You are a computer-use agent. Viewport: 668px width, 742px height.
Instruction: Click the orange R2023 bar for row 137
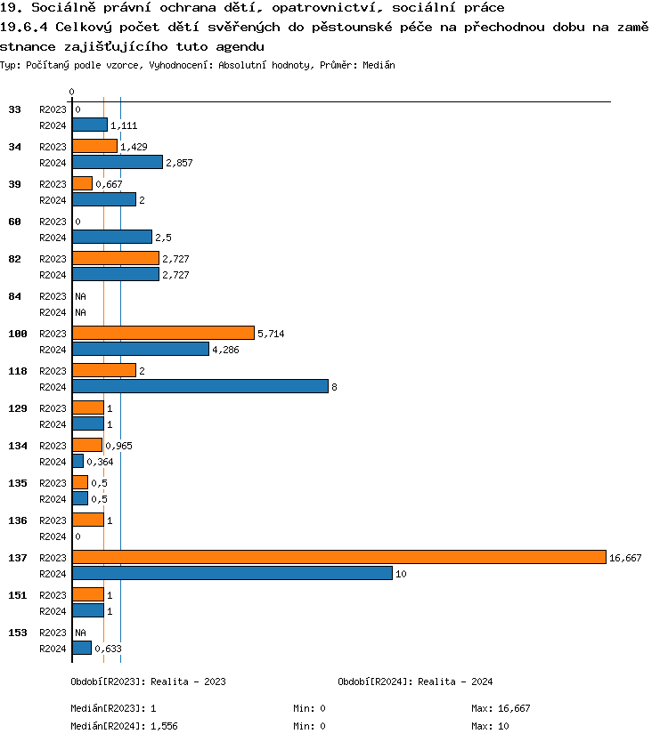click(338, 557)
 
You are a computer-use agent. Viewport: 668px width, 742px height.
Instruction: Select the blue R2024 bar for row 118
click(200, 386)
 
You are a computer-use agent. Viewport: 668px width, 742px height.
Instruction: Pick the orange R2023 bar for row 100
click(163, 333)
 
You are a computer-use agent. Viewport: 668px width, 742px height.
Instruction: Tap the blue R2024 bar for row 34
click(118, 162)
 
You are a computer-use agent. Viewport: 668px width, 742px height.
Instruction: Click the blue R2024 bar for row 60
click(112, 237)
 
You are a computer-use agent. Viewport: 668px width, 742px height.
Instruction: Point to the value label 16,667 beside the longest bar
click(625, 558)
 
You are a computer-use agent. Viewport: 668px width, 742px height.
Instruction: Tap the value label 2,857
click(179, 163)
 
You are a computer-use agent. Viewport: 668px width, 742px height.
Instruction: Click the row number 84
click(14, 296)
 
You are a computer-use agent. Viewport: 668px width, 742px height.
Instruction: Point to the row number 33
click(14, 109)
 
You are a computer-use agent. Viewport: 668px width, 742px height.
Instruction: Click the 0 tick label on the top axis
click(72, 92)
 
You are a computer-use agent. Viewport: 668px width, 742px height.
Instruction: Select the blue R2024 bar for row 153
click(82, 648)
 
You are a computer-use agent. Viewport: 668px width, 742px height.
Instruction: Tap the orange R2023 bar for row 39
click(82, 183)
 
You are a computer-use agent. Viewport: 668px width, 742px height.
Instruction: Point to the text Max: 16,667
click(501, 708)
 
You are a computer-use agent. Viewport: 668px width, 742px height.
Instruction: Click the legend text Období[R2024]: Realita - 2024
click(415, 682)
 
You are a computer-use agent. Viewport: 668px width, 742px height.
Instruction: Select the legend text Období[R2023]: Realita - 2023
click(148, 682)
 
